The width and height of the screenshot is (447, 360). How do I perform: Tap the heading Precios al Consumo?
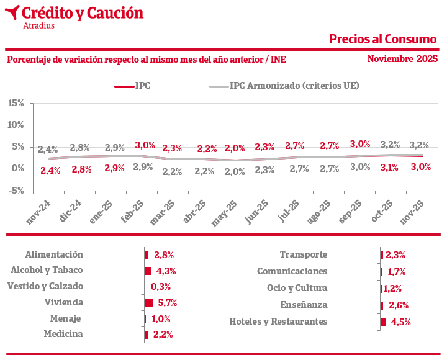pos(382,39)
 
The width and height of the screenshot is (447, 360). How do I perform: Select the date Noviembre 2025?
pos(402,59)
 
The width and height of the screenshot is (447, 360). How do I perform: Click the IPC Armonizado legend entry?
pos(294,86)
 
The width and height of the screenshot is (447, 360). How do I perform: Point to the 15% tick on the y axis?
pos(16,102)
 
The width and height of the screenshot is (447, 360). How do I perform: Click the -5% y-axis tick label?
pos(16,191)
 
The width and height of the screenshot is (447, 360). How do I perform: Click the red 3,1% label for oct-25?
pos(390,167)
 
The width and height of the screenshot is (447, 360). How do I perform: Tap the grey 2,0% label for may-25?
pos(235,172)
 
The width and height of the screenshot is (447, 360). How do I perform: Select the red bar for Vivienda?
pos(148,303)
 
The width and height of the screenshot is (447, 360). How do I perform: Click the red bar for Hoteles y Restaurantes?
pos(383,322)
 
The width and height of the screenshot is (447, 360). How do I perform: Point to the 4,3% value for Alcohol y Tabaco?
pos(166,271)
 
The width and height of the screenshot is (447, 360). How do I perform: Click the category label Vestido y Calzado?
pos(45,287)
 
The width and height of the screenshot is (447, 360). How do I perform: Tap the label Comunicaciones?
pos(292,271)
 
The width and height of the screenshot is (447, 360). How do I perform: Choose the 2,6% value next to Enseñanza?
pos(399,305)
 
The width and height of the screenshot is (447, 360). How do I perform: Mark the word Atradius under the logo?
pos(38,26)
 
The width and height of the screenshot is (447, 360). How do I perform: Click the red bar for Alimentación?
pos(147,254)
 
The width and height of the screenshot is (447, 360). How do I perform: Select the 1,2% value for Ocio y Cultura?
pos(392,289)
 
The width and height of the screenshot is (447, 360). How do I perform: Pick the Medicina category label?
pos(63,335)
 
